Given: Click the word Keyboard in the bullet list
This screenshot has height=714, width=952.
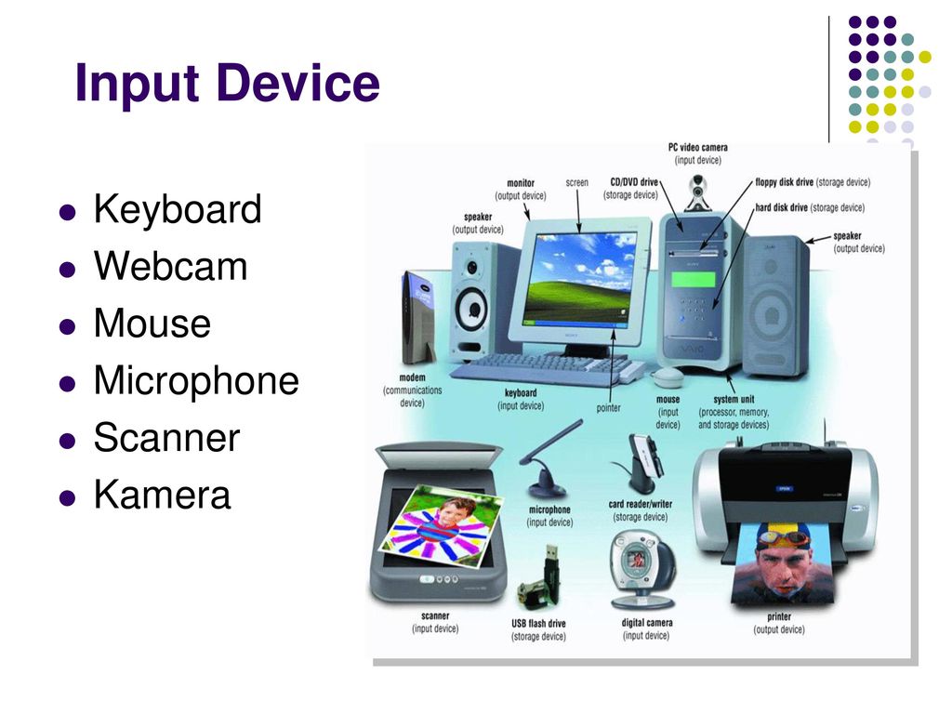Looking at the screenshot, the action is [178, 209].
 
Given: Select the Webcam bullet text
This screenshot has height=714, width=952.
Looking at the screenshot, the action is [171, 266].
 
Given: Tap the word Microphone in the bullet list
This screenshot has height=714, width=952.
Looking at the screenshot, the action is [196, 380].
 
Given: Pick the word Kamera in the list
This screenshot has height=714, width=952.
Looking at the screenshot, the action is [162, 494].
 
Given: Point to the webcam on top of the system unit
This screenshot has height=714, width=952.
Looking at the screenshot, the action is [698, 192].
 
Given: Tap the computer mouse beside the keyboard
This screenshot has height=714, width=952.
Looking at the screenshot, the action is [668, 377].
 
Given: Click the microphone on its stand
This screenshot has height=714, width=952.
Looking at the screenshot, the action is [549, 461].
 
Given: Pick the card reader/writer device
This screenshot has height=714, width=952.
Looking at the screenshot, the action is [640, 465].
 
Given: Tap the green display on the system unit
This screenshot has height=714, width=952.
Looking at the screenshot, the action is [693, 279].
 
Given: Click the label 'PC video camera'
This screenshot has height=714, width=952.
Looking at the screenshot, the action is [697, 148].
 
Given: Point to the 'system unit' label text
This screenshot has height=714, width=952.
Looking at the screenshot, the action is [734, 399].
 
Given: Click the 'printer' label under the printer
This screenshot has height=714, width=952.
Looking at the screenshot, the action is [778, 617].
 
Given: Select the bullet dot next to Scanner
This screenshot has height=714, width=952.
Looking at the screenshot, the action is [67, 440].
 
